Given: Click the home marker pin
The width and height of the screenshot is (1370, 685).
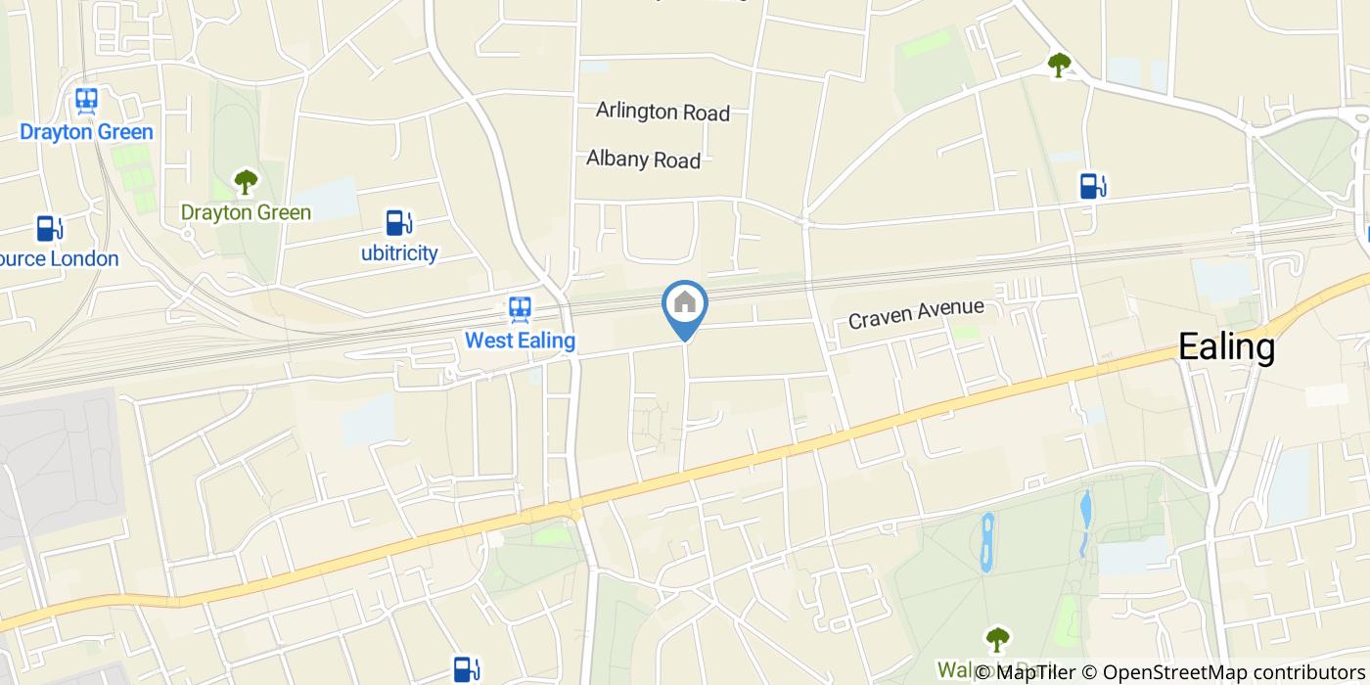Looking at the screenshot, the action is pos(685,305).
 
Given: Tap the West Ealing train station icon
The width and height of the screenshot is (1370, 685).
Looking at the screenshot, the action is pos(520,310).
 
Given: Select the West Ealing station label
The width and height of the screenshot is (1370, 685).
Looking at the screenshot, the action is pos(520,341).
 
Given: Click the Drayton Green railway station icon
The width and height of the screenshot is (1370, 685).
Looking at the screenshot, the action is pos(86,101).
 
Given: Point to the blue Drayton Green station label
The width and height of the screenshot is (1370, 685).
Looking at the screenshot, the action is pos(86,131).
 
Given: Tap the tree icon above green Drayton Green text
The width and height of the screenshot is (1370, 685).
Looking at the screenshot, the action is pos(245,181).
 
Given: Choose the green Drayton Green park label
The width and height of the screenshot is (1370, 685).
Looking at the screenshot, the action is pos(246,212).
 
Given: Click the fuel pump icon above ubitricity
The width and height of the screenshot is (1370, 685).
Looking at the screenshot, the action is pos(396,223).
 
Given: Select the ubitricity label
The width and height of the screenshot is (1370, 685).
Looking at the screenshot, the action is pos(398,253).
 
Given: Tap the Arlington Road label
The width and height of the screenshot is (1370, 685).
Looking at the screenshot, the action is pos(662,112).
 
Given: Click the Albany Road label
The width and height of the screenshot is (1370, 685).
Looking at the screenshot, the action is pos(643,159).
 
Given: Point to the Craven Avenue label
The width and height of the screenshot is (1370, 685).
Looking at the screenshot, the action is pos(915,313).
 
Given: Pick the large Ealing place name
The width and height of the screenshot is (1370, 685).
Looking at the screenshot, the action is pos(1226,346).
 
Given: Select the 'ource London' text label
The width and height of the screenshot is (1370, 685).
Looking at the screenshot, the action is pos(59,259).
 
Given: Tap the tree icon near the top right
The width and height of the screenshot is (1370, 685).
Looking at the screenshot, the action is pos(1059,65).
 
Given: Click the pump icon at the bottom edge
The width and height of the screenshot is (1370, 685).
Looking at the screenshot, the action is pos(465,669).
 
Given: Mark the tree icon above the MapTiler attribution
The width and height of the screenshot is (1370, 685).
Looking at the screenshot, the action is pos(997,639).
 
